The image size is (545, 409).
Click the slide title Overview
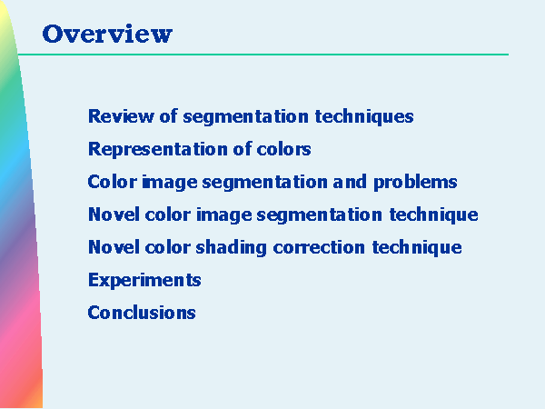107,35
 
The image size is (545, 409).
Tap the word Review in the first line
121,116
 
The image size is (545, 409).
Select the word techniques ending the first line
364,116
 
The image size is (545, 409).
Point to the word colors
283,150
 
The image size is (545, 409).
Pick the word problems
415,183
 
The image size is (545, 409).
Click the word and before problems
350,182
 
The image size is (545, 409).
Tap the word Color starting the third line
113,182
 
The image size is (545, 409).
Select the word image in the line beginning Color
170,183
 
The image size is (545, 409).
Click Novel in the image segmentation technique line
114,214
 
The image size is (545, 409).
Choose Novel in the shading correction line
114,247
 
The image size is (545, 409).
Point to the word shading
231,248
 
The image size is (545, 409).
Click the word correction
319,247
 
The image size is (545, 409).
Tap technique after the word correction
417,248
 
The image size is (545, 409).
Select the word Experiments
144,280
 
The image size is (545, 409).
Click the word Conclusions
142,313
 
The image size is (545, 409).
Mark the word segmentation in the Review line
246,117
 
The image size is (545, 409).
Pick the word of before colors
243,149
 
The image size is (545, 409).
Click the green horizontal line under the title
263,55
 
